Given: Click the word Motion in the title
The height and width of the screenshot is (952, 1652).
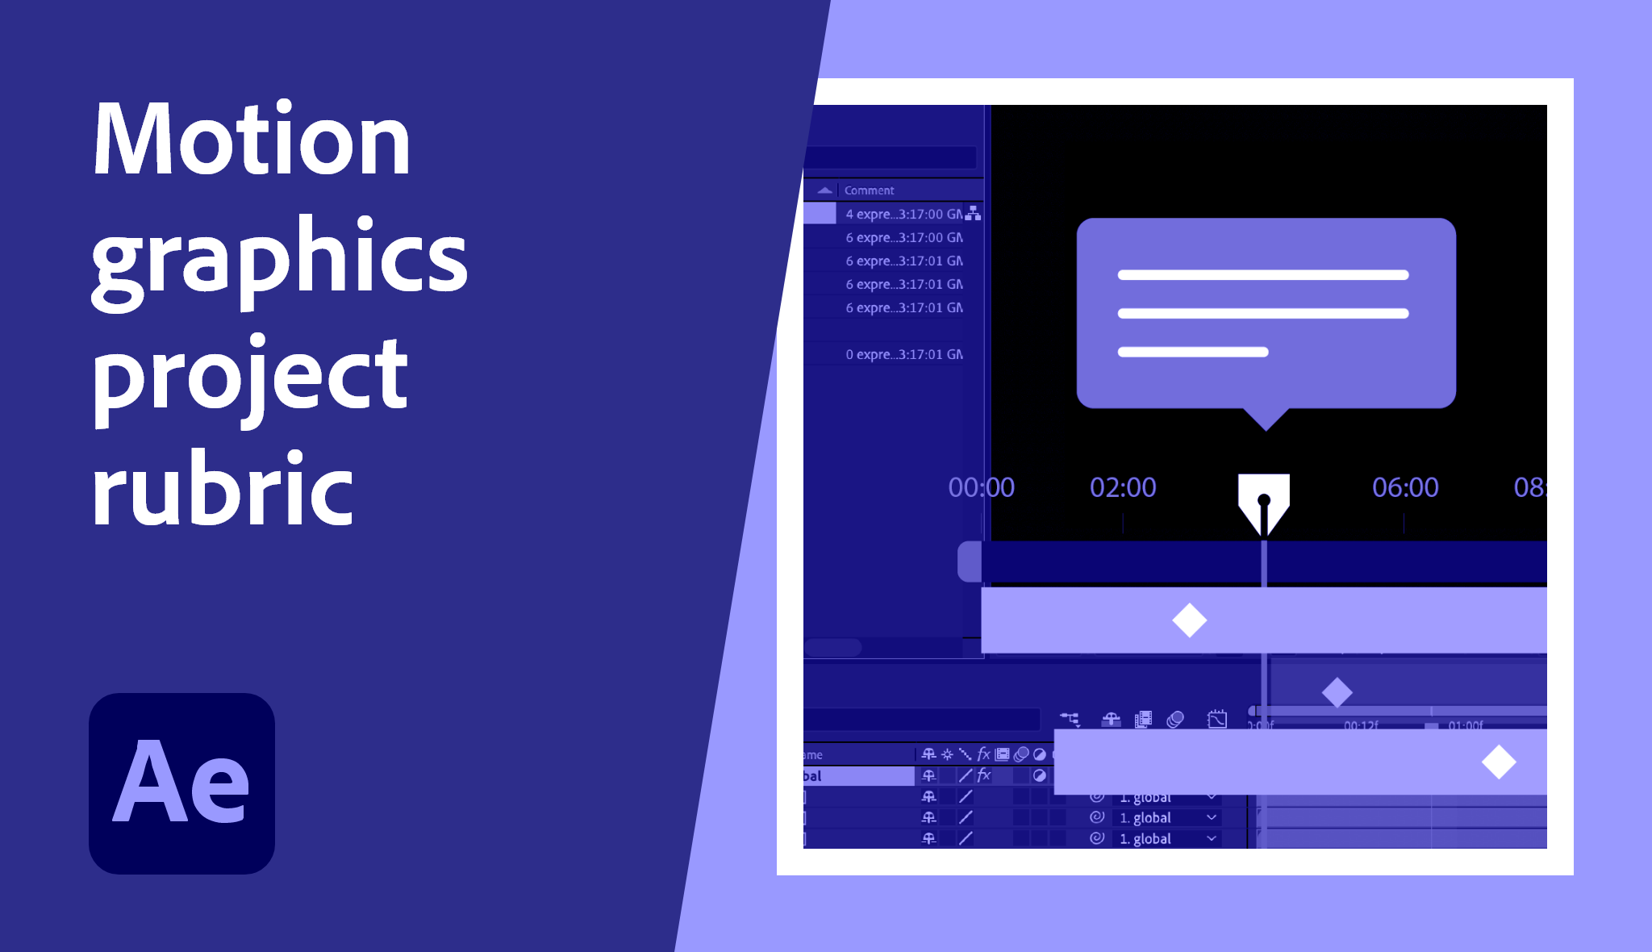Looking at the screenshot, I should pos(252,140).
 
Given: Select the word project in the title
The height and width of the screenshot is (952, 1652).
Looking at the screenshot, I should pos(250,374).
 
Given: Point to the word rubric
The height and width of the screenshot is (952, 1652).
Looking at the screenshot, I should pos(223,489).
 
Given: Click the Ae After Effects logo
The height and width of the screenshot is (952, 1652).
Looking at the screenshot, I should pos(181,783).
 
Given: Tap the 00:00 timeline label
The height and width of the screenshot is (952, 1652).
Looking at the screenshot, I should pos(981,487).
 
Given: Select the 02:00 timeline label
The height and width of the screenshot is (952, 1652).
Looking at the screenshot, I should pos(1123,487).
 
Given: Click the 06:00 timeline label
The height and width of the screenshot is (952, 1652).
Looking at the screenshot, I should pos(1405,487).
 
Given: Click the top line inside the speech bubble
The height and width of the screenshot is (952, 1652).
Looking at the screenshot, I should pos(1263,275).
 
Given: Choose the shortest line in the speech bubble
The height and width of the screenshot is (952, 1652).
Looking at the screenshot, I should pos(1193,352).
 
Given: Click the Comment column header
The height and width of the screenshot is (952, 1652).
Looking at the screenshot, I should pos(869,190).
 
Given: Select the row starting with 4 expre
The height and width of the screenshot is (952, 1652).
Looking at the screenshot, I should pos(903,214).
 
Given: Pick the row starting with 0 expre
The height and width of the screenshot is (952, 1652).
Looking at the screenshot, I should pos(903,354).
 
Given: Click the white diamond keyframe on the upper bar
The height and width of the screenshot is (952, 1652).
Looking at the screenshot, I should pos(1190,620).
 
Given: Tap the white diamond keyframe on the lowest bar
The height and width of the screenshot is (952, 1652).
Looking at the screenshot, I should pos(1499,762).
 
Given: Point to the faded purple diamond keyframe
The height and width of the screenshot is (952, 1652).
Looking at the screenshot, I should pos(1337,692).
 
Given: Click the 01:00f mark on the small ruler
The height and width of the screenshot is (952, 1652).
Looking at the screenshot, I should pos(1465,724).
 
